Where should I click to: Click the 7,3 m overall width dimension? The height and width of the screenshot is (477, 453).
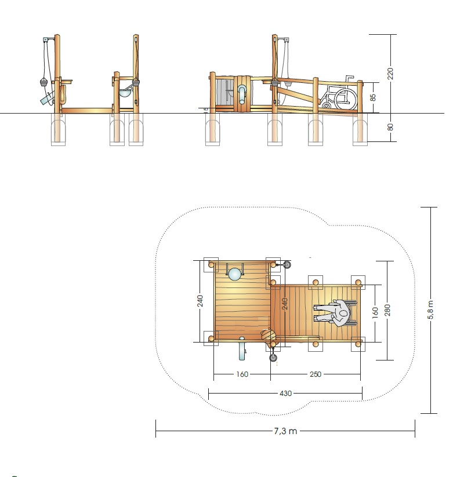click(285, 431)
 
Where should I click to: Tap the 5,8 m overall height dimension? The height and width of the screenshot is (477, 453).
click(430, 309)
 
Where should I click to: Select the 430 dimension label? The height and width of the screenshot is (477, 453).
click(285, 394)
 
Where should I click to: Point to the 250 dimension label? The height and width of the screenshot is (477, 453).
click(316, 374)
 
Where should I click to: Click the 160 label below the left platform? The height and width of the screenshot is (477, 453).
click(242, 374)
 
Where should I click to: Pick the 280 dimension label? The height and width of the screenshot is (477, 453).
click(387, 310)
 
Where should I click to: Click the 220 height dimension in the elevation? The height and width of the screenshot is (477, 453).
click(390, 74)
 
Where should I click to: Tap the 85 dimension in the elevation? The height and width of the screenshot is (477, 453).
click(373, 97)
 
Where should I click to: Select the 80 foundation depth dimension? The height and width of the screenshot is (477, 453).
click(390, 127)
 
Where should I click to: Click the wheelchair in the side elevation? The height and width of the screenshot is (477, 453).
click(339, 93)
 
